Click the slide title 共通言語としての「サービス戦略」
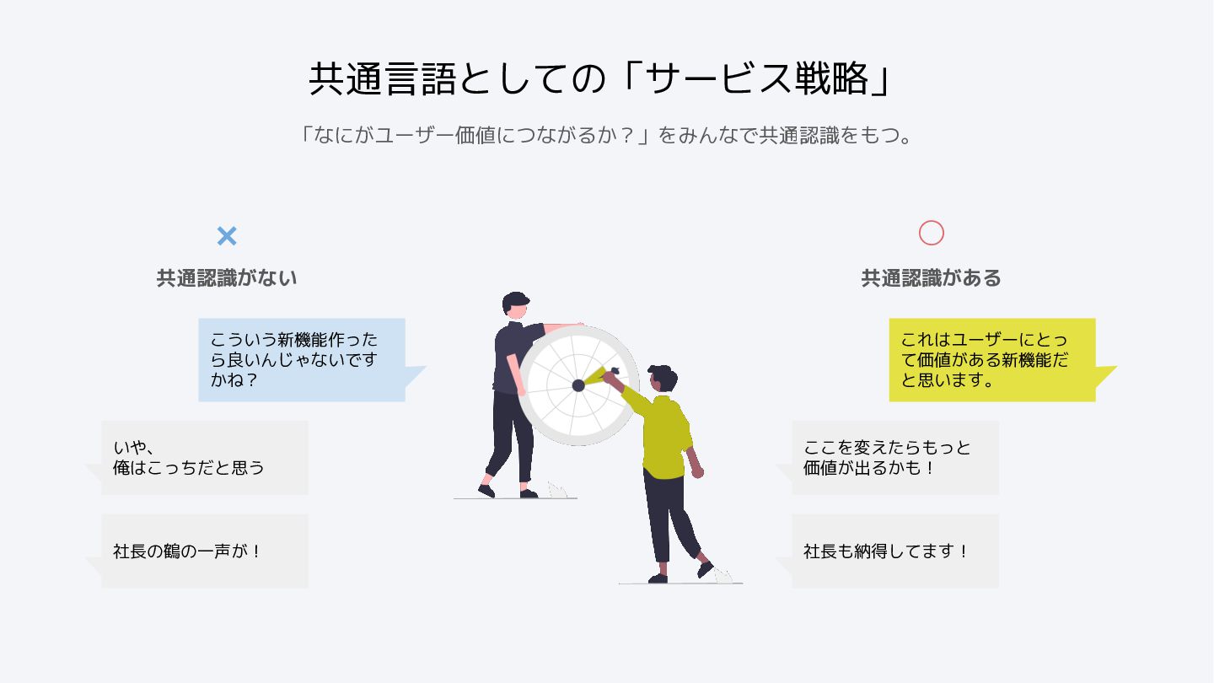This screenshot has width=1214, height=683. [600, 79]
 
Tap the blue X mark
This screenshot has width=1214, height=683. [227, 236]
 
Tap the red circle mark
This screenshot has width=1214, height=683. [931, 233]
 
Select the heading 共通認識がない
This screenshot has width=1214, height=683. [227, 277]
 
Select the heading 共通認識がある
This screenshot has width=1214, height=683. [931, 277]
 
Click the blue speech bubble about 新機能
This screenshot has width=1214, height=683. [302, 360]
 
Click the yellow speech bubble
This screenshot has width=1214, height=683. [991, 360]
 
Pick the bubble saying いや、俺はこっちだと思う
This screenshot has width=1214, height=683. [205, 458]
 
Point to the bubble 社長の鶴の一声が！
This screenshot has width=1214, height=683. [205, 551]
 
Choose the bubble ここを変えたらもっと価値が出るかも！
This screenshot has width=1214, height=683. [895, 458]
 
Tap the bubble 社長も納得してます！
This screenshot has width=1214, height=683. [895, 551]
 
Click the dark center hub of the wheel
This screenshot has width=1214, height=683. [578, 385]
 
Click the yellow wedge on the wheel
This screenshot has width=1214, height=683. [596, 376]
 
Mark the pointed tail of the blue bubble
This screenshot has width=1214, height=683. [417, 374]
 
